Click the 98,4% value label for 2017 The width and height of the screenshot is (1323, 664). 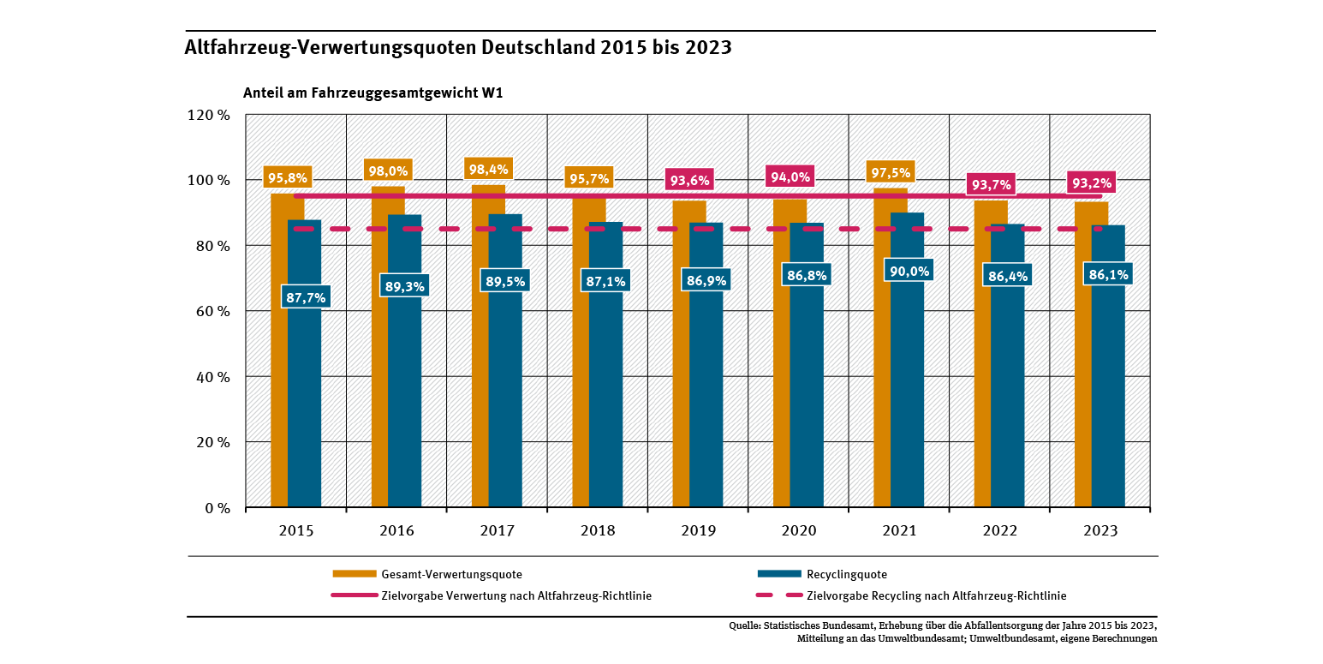click(x=488, y=169)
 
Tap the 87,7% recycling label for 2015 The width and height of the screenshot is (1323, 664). click(x=305, y=296)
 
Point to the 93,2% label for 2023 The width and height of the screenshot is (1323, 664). click(x=1091, y=182)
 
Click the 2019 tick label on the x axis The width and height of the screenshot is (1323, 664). click(x=699, y=531)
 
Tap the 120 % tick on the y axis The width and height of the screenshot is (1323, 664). click(x=209, y=115)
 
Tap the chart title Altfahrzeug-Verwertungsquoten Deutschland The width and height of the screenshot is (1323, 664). click(x=458, y=48)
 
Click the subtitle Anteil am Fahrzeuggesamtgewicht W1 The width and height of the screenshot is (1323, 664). click(x=372, y=93)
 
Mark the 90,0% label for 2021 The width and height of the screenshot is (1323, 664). click(x=908, y=271)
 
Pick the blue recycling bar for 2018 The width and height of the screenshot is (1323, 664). click(x=606, y=386)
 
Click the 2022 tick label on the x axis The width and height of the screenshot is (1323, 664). click(x=1000, y=531)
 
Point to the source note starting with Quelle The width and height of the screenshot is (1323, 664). click(x=942, y=631)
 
